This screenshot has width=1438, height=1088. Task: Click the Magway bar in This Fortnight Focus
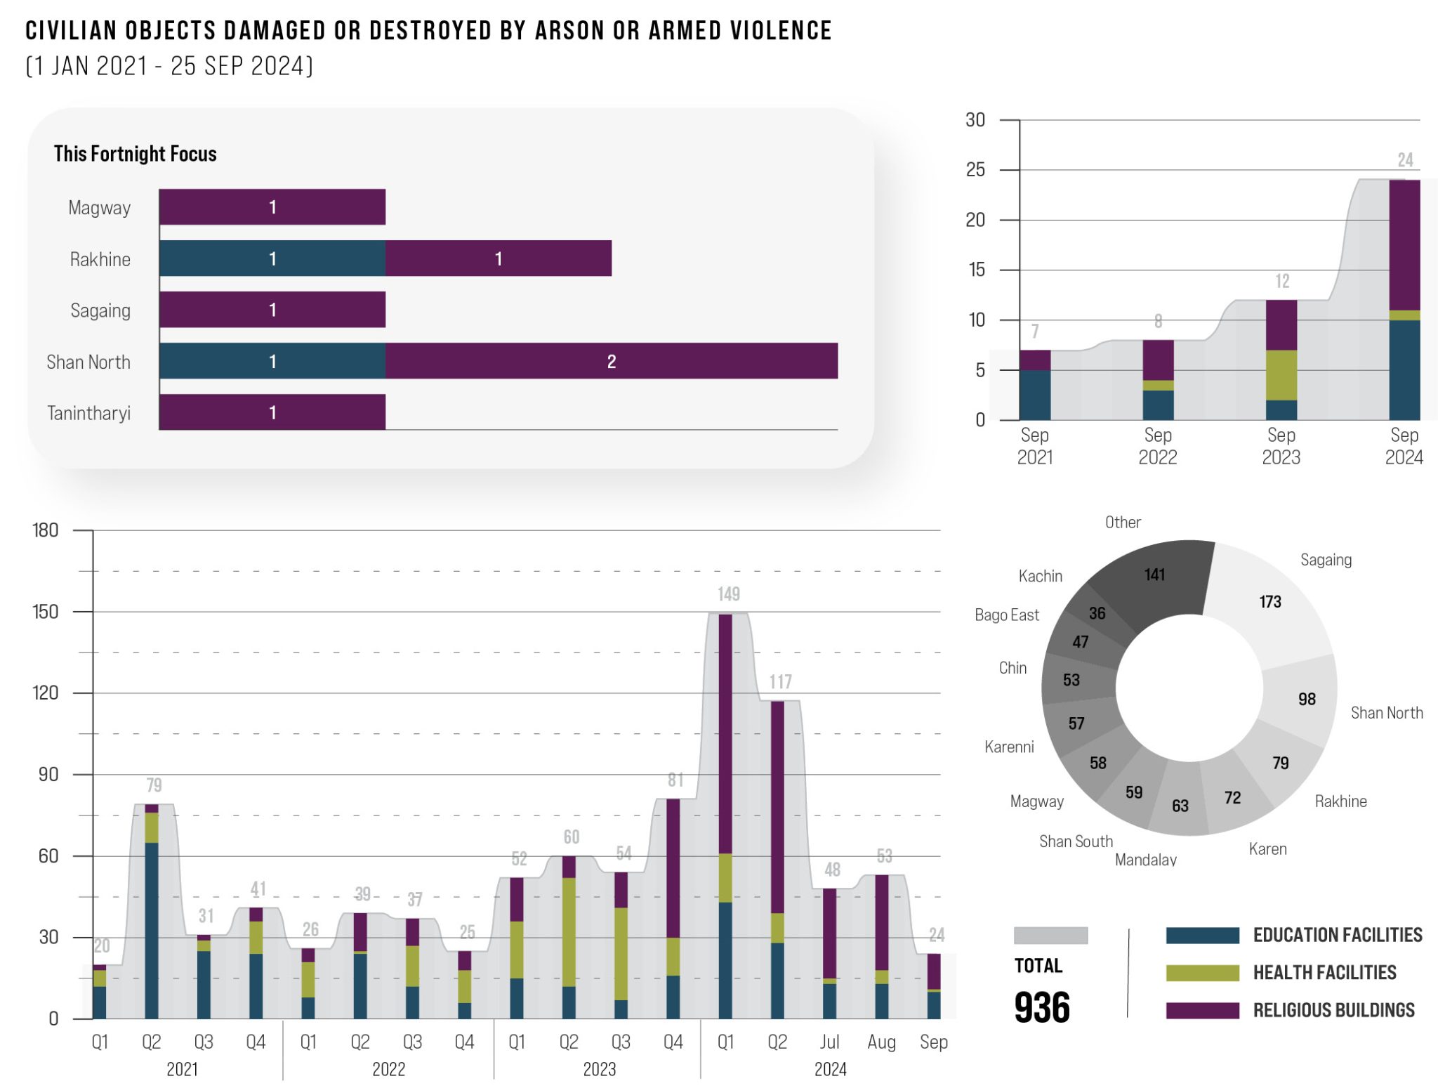(x=272, y=207)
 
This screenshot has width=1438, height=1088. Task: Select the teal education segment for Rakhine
(x=272, y=258)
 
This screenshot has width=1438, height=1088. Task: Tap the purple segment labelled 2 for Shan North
(x=611, y=361)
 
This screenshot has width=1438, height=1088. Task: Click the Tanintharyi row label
(x=88, y=413)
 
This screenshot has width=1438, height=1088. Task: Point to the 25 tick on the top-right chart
(x=975, y=170)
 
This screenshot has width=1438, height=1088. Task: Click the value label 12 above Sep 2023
(x=1282, y=282)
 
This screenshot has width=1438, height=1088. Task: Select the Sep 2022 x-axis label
(x=1158, y=446)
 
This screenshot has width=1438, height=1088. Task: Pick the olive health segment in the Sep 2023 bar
(x=1281, y=375)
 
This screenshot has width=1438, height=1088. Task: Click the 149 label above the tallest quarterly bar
(x=728, y=594)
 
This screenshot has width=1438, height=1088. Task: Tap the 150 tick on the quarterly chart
(x=46, y=612)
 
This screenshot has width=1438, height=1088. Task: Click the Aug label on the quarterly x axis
(x=881, y=1042)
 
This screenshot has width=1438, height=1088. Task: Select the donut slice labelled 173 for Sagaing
(x=1269, y=602)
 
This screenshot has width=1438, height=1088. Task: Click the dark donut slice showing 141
(x=1154, y=575)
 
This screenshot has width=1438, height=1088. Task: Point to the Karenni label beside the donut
(x=1009, y=747)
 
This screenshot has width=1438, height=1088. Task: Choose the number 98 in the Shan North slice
(x=1307, y=699)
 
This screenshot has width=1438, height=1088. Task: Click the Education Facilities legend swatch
(x=1202, y=936)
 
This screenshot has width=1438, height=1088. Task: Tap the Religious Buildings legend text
(x=1333, y=1011)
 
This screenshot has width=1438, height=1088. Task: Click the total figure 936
(x=1042, y=1008)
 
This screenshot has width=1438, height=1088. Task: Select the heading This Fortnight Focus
(x=135, y=154)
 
